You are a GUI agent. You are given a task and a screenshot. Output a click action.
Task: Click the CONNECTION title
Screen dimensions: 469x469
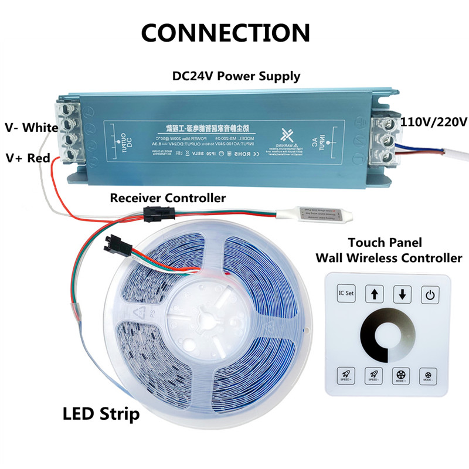pos(226,32)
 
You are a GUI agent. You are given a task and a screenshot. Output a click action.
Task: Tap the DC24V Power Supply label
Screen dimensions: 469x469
pos(236,76)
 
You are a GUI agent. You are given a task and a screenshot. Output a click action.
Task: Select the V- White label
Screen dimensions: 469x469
pos(31,127)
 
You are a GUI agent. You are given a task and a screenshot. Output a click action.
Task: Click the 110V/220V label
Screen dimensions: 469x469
pos(433,122)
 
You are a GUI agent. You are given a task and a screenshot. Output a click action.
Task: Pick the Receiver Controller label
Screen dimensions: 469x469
pos(168,198)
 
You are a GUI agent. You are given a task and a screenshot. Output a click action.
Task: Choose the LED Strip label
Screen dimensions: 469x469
pos(101,414)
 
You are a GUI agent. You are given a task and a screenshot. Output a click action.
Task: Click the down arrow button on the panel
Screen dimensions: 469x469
pos(402,294)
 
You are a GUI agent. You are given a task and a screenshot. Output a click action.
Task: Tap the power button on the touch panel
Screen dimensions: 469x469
pos(430,294)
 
